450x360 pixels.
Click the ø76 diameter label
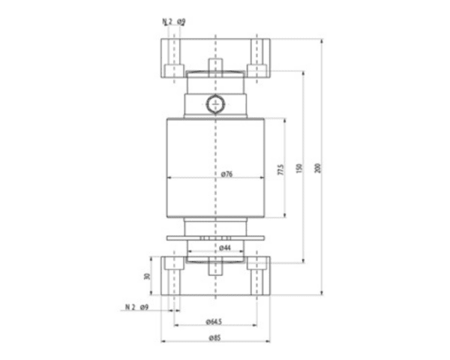(227, 174)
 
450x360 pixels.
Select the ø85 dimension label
(214, 337)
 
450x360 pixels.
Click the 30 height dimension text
(148, 277)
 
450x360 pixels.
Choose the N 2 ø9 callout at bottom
(136, 307)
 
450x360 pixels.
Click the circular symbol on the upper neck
(215, 103)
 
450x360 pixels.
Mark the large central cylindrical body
(214, 150)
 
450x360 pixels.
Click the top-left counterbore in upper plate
(173, 70)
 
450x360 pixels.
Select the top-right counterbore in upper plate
(257, 70)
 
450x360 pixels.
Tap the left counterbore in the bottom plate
(173, 263)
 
